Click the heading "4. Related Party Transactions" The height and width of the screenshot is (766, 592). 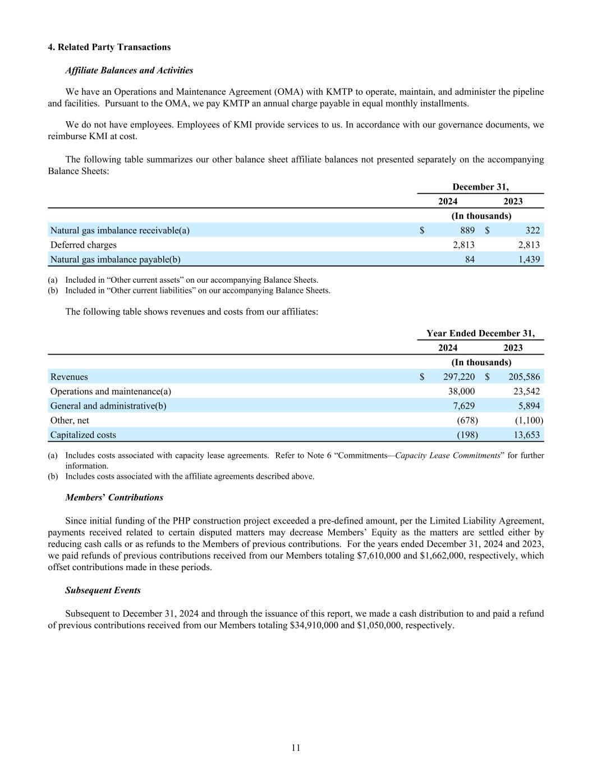[109, 47]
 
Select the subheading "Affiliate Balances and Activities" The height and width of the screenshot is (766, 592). [129, 71]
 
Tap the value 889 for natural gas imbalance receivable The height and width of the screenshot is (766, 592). [467, 231]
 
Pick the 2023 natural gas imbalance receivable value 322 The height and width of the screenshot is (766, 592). [533, 231]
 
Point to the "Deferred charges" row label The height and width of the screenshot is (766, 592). [84, 245]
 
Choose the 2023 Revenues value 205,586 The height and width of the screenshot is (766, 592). [524, 377]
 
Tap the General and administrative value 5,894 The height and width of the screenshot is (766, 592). [527, 406]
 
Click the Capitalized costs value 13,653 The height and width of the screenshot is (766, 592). [526, 435]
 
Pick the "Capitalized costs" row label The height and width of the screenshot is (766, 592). [83, 435]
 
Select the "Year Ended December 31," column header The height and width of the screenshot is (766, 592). [480, 334]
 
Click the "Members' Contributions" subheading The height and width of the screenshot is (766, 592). [114, 498]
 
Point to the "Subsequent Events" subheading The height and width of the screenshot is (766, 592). [103, 590]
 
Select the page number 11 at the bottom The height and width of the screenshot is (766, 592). [296, 748]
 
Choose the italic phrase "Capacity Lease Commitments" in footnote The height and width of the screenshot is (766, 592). [447, 456]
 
